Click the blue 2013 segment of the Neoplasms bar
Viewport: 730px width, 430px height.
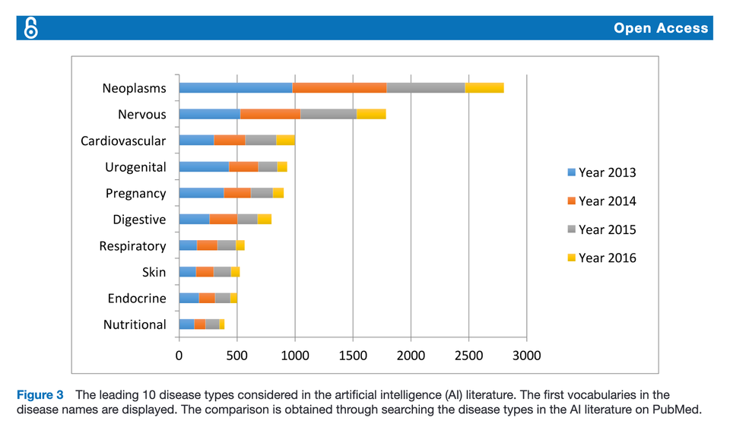(x=235, y=88)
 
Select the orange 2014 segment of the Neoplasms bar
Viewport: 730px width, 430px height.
(x=339, y=88)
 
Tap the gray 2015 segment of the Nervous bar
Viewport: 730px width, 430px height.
(x=328, y=114)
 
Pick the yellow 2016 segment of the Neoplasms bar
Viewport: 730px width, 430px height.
(x=484, y=88)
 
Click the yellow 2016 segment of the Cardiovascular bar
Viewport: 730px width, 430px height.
(x=285, y=141)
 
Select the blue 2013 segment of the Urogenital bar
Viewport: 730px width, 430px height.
(x=204, y=166)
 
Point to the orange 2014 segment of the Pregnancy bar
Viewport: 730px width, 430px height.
(x=237, y=193)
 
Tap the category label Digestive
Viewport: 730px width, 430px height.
(x=139, y=220)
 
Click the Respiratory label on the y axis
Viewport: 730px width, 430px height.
(x=132, y=246)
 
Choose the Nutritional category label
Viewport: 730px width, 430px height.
(x=134, y=324)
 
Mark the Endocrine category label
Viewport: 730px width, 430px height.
(x=136, y=299)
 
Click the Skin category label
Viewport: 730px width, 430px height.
(x=154, y=272)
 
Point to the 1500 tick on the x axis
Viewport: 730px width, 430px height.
(x=353, y=356)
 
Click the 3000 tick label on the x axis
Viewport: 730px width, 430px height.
(x=526, y=356)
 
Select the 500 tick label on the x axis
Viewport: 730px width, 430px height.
(x=236, y=356)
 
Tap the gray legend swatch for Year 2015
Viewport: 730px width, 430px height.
(x=571, y=229)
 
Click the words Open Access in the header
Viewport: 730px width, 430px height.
(x=661, y=29)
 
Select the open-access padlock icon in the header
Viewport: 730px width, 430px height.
(x=31, y=28)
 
